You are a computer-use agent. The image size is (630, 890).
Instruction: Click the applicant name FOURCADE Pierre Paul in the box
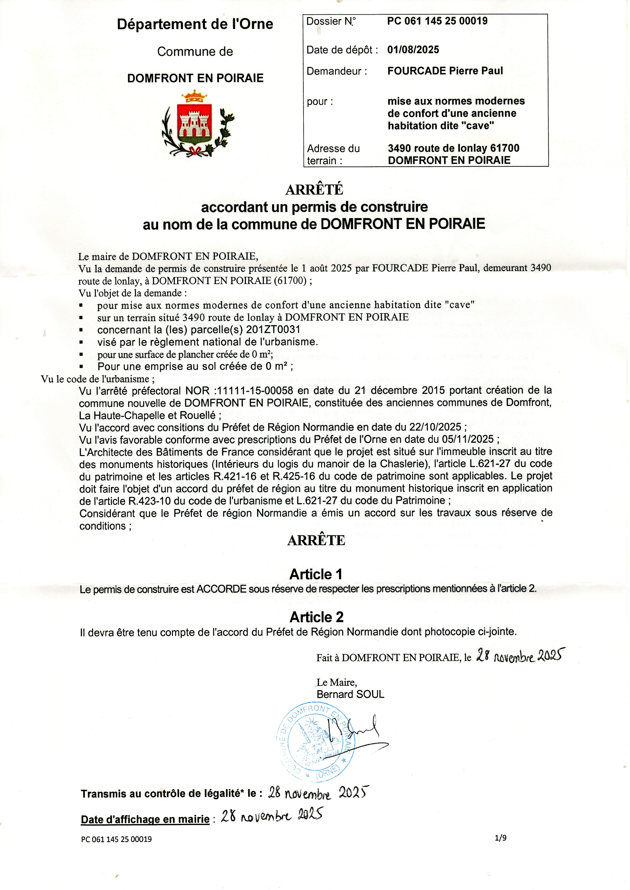pos(445,71)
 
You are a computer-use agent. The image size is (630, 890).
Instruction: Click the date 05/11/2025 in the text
pos(467,439)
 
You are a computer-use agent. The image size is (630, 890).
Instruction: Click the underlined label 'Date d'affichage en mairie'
pos(145,819)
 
